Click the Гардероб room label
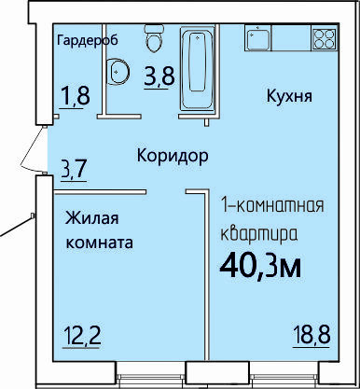pos(88,41)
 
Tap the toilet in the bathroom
pos(153,39)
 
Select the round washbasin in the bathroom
pos(118,72)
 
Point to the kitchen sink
pos(258,38)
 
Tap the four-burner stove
pos(325,38)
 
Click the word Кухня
pos(289,96)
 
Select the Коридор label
pos(173,155)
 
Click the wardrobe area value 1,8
pos(76,95)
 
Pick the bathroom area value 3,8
pos(159,76)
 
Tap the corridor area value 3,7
pos(74,168)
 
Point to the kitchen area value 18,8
pos(312,335)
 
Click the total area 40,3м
pos(260,267)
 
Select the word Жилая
pos(92,218)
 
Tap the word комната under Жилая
pos(100,243)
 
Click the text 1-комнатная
pos(272,206)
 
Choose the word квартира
pos(259,234)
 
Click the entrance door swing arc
pos(30,149)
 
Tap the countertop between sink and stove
pos(292,38)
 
